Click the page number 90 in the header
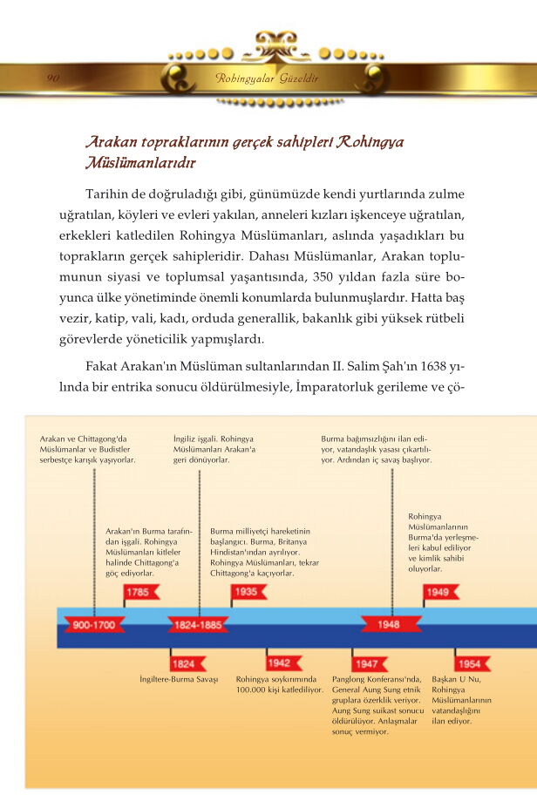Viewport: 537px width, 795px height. point(52,79)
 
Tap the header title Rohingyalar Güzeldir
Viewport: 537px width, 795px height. point(267,79)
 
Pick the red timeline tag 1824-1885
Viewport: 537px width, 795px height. point(198,625)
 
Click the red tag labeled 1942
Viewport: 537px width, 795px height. point(279,663)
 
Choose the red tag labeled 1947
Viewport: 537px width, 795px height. point(366,663)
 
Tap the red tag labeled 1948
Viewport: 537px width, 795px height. point(389,625)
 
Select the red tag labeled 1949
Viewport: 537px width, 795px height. point(438,593)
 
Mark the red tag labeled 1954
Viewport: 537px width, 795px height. point(468,663)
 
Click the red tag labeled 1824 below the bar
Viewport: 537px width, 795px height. point(183,663)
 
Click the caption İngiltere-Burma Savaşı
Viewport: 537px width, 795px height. point(178,679)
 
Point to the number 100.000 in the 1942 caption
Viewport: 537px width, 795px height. point(255,690)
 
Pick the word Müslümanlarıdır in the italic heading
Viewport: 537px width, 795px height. point(140,163)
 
